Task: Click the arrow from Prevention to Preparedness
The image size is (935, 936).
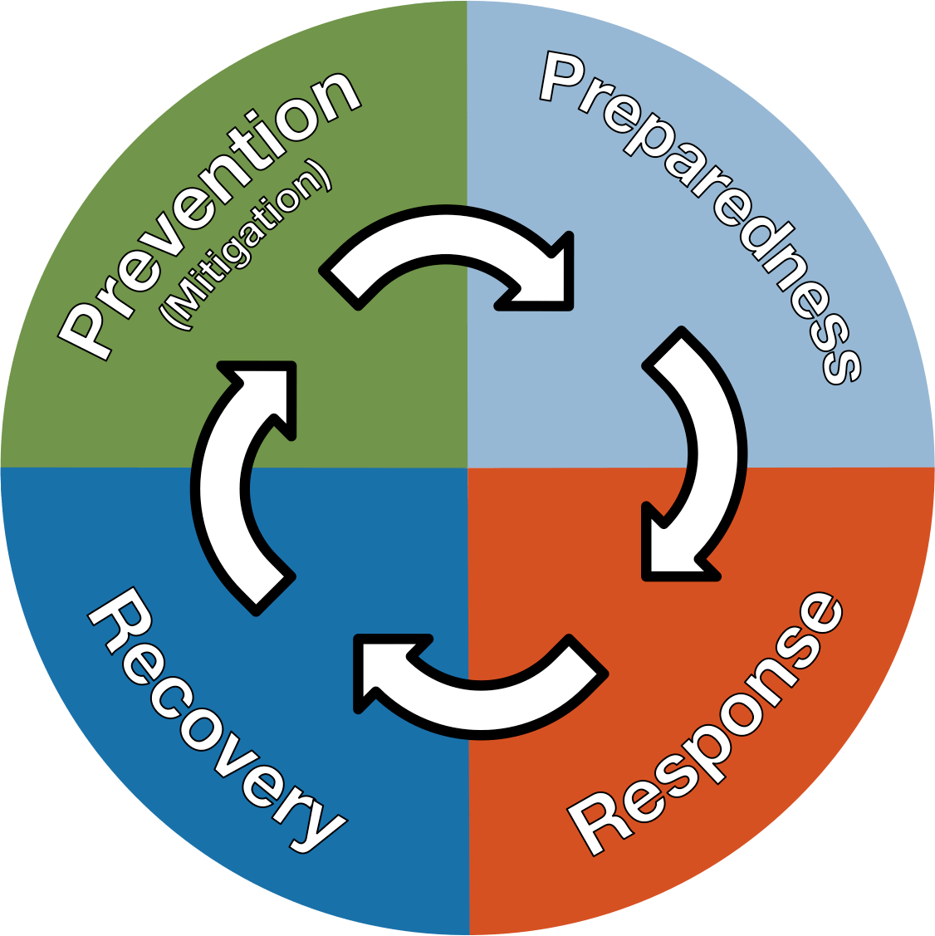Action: (x=448, y=249)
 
